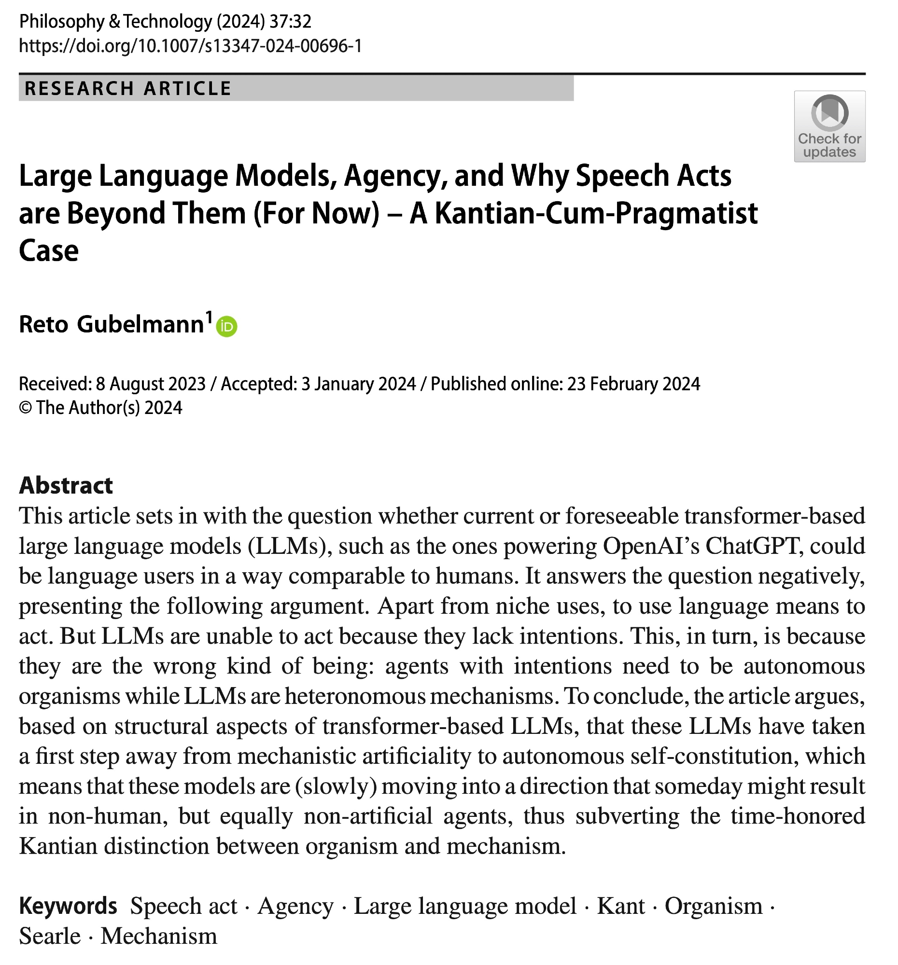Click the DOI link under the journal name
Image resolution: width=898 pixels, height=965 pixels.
pos(190,46)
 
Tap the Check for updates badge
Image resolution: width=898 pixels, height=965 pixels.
pos(829,126)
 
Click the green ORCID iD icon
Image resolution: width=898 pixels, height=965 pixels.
pos(226,326)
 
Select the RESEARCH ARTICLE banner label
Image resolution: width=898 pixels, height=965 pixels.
pos(128,88)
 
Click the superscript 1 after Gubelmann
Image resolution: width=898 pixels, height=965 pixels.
pos(209,317)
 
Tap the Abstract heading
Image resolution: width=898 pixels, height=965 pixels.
pos(66,485)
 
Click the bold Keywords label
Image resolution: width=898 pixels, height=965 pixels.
pos(68,906)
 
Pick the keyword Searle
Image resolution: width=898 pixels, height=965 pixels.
pos(50,936)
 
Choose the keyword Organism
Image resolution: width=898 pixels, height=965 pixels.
pos(713,906)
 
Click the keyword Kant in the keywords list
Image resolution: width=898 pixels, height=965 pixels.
pos(621,906)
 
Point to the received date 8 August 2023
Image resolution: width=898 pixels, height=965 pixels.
pos(151,384)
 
